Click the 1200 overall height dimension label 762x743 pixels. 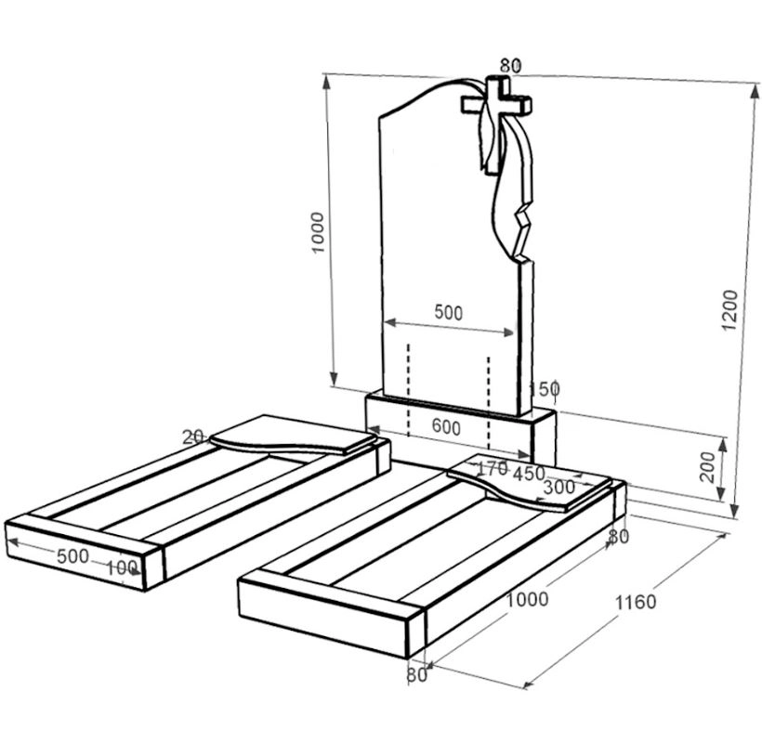point(729,310)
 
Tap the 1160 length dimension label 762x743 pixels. point(636,602)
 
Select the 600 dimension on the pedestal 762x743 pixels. point(446,428)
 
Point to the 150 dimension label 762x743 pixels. point(544,388)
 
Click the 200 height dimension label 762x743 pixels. point(707,466)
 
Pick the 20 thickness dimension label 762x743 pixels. point(192,437)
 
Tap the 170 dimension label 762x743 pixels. point(493,469)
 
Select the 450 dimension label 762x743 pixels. point(529,474)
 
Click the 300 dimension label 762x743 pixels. point(559,487)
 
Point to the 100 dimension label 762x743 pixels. point(122,567)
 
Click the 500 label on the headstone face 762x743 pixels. point(448,313)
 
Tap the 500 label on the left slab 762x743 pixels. point(72,556)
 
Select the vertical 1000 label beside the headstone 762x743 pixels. point(317,232)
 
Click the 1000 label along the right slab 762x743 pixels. point(527,599)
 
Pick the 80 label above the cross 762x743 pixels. point(510,65)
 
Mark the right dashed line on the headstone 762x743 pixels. point(489,403)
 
